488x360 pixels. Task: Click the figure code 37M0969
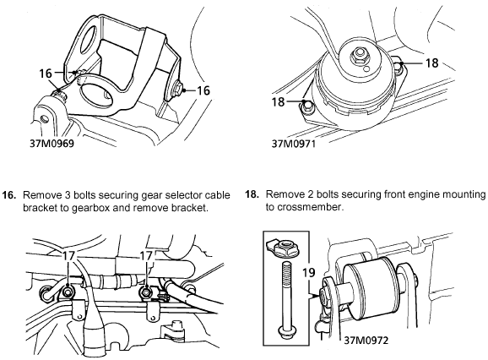point(52,144)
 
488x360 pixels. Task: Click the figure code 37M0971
point(294,144)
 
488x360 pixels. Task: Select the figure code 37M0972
point(366,341)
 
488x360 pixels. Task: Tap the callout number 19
point(309,273)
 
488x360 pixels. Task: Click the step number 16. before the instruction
point(8,195)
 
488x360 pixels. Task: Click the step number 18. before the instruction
point(252,194)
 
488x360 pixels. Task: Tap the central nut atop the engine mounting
point(360,56)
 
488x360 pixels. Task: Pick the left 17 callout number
point(68,256)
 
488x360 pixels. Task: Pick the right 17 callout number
point(146,256)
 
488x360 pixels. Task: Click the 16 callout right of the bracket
point(203,90)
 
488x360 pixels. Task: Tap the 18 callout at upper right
point(431,63)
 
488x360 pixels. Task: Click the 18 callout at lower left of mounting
point(279,101)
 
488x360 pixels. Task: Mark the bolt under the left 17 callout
point(68,292)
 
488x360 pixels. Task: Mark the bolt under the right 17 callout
point(145,292)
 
